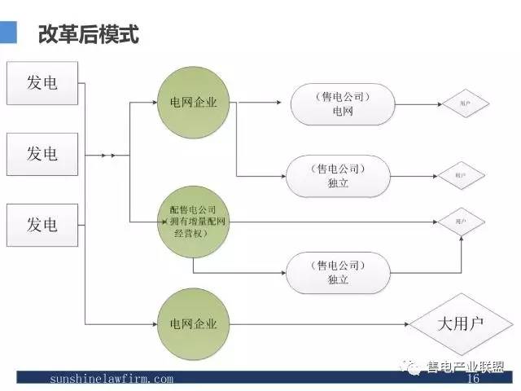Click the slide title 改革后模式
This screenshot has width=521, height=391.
88,35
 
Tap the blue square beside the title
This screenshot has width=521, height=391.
8,33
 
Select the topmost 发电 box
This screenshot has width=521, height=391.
42,82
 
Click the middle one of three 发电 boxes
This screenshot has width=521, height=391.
42,154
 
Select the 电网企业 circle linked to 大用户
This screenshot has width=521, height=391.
194,324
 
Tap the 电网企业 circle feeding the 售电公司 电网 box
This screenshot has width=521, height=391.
194,103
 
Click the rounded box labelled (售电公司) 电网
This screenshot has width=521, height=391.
343,104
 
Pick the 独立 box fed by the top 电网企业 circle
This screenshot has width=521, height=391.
338,176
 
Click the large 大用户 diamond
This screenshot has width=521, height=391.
461,324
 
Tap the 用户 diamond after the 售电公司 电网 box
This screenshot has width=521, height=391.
463,104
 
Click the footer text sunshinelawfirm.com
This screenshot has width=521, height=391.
112,379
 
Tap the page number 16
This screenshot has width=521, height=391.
472,379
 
